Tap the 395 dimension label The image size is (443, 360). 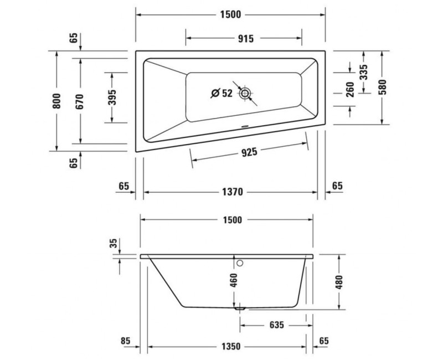[111, 97]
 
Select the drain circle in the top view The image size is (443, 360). [245, 94]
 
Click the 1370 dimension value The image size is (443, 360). [230, 192]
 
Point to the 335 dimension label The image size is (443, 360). [363, 73]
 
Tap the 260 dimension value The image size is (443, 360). [349, 89]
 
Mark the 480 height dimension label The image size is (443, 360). [339, 282]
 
